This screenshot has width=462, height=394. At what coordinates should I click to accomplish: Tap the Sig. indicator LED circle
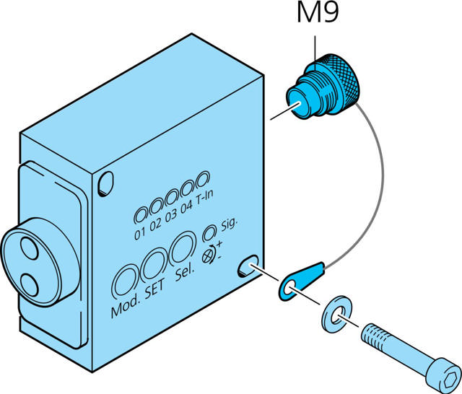209,232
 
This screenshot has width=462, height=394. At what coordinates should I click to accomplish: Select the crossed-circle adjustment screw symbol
209,253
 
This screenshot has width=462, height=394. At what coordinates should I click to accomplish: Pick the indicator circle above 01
141,213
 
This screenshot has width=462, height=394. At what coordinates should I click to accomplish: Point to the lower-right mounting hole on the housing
249,266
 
